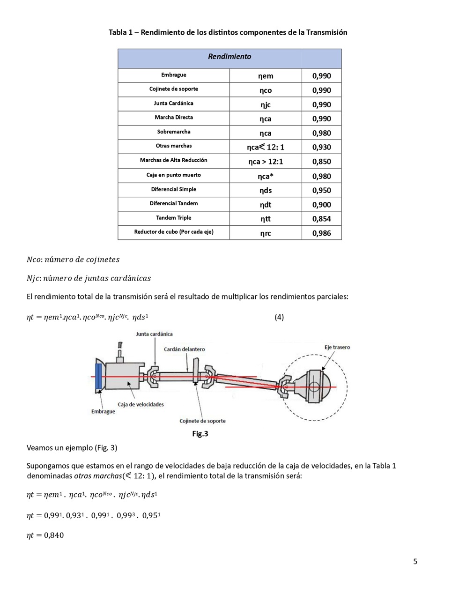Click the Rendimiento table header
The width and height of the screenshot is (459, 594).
pos(229,57)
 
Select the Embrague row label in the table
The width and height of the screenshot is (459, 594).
pos(173,75)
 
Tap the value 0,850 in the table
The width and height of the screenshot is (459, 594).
pos(321,162)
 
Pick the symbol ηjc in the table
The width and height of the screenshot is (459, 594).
pos(265,104)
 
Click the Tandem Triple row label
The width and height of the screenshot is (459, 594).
pos(173,218)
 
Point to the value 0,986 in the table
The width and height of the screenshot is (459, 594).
pos(321,233)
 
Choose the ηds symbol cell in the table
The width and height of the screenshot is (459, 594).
pos(265,190)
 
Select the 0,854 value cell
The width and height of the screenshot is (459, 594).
pos(321,219)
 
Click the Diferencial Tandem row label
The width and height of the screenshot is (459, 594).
pos(173,203)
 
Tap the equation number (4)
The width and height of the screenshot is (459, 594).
pos(279,317)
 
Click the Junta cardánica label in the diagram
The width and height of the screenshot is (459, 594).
pos(154,334)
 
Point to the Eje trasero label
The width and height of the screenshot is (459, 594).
pos(337,347)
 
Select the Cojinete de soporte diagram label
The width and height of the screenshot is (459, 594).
pos(202,421)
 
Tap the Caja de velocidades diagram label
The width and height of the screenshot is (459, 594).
pos(141,404)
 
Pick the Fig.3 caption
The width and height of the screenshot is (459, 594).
pos(200,434)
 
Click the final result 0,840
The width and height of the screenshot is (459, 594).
pos(54,535)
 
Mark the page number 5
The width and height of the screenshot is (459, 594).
pos(415,561)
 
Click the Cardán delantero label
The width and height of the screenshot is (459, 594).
pos(184,349)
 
